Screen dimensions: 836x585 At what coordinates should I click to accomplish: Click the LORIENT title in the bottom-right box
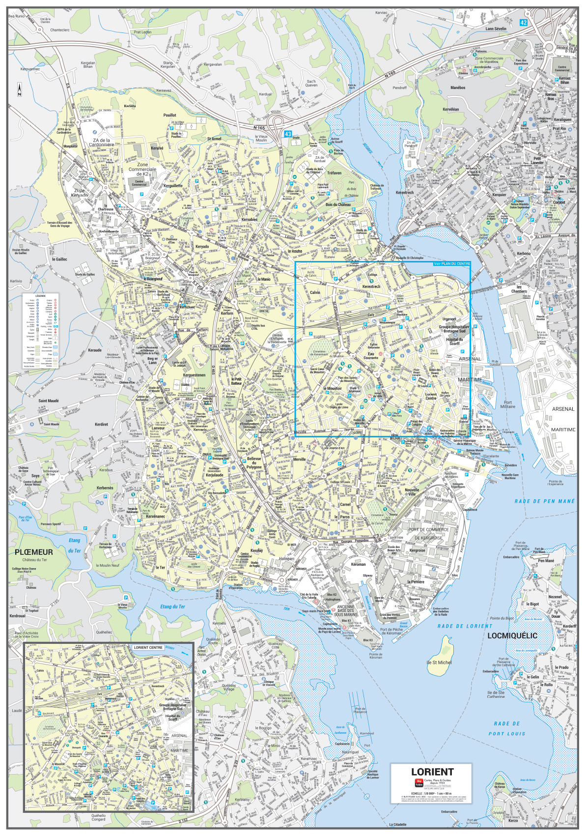[432, 772]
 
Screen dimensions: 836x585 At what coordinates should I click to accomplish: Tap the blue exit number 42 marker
[523, 23]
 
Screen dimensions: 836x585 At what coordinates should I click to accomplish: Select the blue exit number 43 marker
[288, 134]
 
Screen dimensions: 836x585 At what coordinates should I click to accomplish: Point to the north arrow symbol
[19, 90]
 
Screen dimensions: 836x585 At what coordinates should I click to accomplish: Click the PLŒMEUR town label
[33, 552]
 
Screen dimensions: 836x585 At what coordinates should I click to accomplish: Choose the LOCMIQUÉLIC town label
[512, 635]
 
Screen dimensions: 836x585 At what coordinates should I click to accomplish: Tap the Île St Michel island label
[439, 663]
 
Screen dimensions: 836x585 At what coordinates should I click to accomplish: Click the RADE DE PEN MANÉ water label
[544, 501]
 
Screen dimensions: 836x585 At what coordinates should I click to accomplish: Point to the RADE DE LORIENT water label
[464, 626]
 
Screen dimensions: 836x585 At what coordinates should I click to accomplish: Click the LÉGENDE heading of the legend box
[40, 296]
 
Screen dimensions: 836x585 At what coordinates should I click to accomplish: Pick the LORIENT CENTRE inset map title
[148, 647]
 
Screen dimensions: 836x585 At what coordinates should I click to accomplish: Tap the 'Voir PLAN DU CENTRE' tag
[452, 264]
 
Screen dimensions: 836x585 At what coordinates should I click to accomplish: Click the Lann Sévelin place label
[496, 29]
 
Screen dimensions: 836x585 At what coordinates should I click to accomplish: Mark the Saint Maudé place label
[49, 401]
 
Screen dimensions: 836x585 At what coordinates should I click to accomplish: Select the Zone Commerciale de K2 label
[142, 169]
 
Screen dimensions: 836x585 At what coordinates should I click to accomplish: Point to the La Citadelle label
[398, 824]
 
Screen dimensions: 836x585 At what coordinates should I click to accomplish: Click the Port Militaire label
[508, 404]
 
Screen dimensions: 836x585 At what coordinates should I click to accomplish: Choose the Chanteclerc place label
[60, 30]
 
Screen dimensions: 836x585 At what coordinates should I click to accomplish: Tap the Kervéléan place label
[450, 109]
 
